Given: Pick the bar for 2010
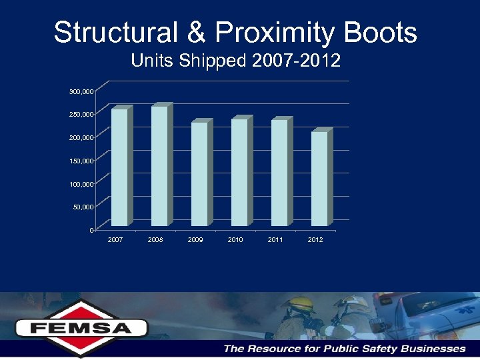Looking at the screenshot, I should click(x=239, y=172).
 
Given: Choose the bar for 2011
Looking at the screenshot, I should click(x=279, y=172).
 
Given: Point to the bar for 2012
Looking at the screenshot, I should click(x=319, y=178).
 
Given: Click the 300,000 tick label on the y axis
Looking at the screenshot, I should click(x=81, y=91).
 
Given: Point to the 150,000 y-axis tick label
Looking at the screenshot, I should click(x=81, y=161).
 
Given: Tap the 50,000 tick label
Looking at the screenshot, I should click(x=83, y=207).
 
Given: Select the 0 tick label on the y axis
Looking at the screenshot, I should click(x=91, y=231).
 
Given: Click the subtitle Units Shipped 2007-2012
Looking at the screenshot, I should click(x=236, y=61).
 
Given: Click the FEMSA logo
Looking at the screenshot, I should click(x=81, y=327).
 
